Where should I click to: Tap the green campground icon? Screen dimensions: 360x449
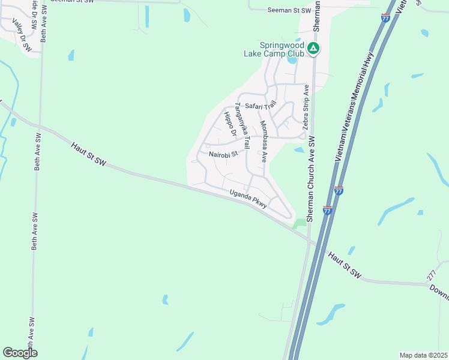[313, 48]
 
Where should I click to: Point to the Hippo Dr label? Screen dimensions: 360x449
[228, 122]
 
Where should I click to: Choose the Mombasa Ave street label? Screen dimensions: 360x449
[263, 142]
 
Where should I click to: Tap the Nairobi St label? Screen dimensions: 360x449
[223, 154]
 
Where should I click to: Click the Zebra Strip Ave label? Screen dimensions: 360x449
[306, 108]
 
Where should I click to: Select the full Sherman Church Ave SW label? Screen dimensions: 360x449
[311, 179]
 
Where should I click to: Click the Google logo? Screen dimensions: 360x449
[20, 353]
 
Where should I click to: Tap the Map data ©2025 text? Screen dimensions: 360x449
[424, 355]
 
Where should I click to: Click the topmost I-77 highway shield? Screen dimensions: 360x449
[385, 18]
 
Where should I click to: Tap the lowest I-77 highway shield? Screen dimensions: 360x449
[327, 210]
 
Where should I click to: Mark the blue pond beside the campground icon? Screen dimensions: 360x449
[292, 59]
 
